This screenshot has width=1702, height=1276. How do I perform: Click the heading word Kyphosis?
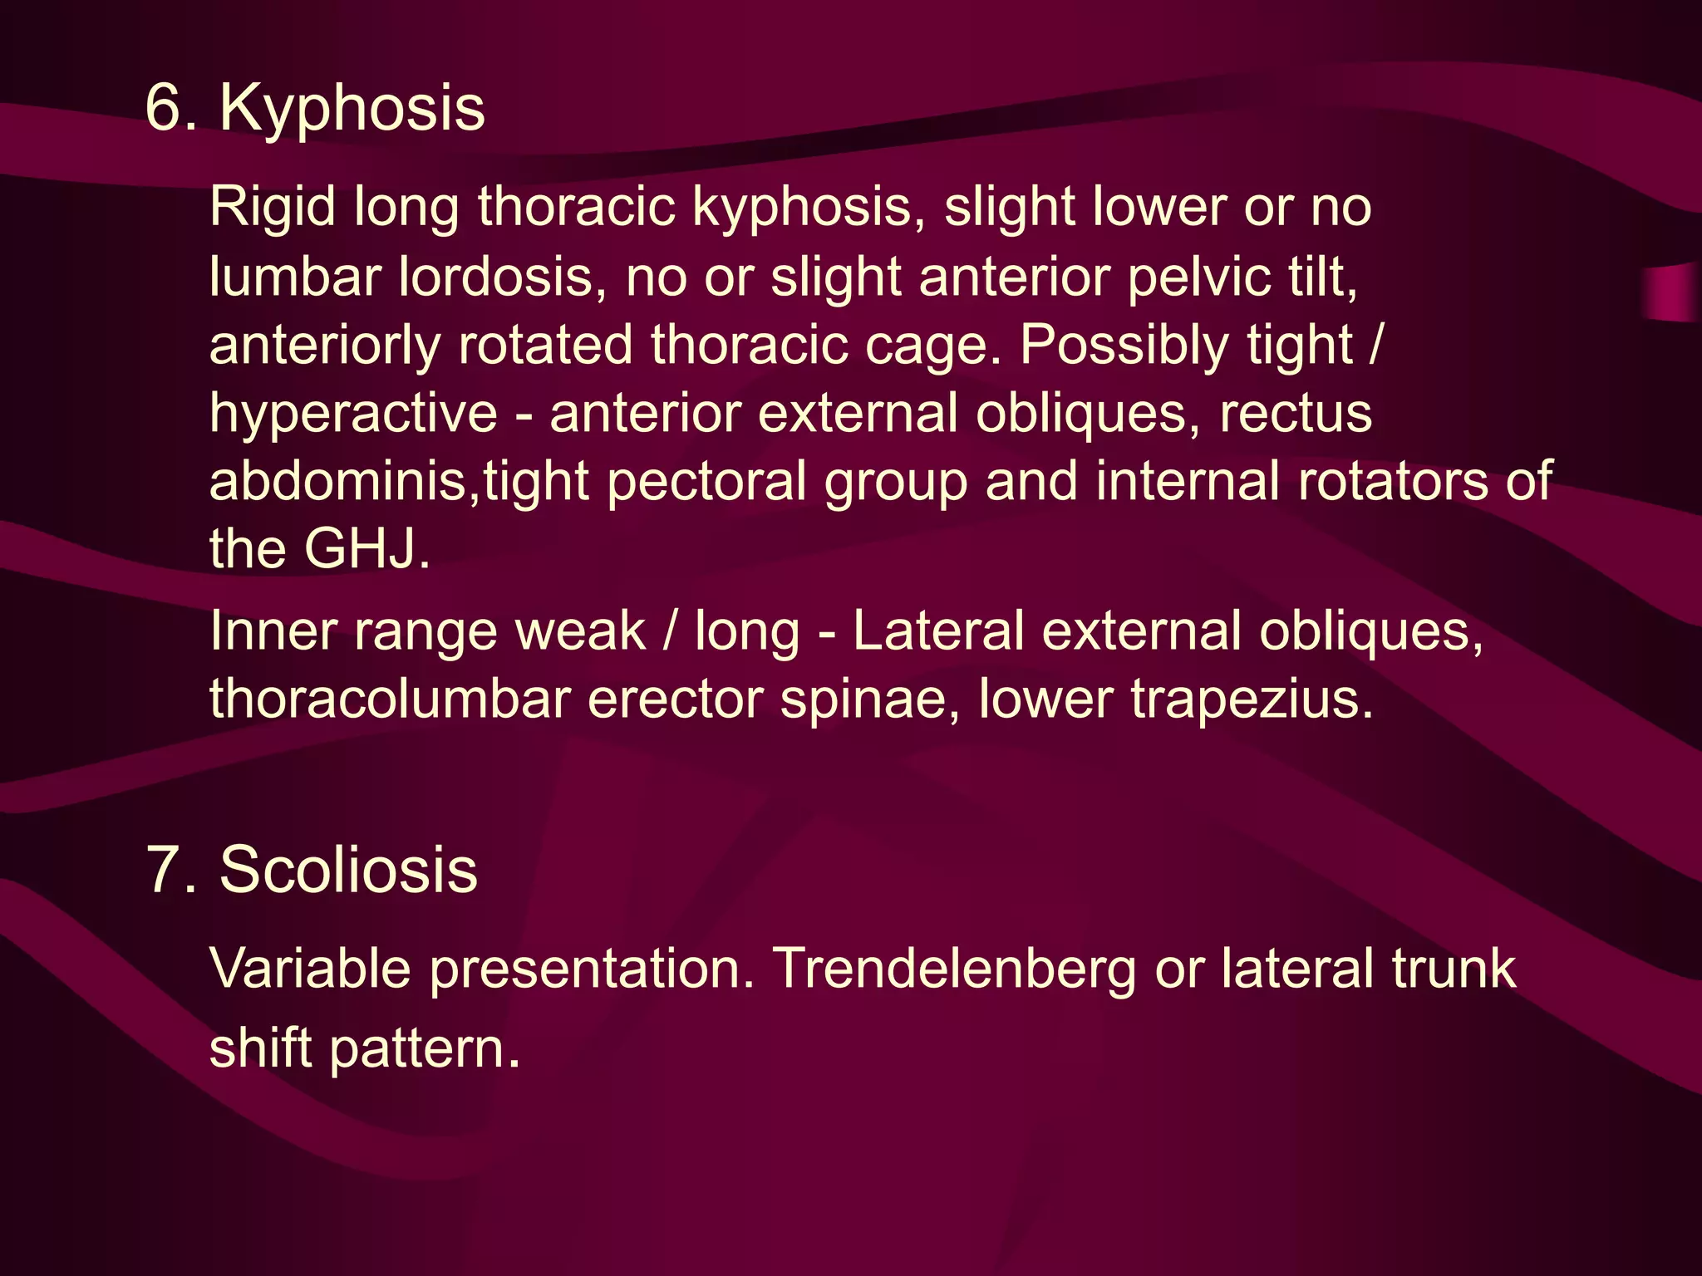click(352, 109)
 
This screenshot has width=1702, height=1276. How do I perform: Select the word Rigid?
click(272, 207)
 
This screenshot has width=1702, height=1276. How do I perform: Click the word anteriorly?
click(324, 345)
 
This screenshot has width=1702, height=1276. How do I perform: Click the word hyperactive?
click(353, 414)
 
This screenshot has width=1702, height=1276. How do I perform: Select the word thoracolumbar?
click(389, 699)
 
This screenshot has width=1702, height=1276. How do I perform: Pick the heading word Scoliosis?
click(348, 871)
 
